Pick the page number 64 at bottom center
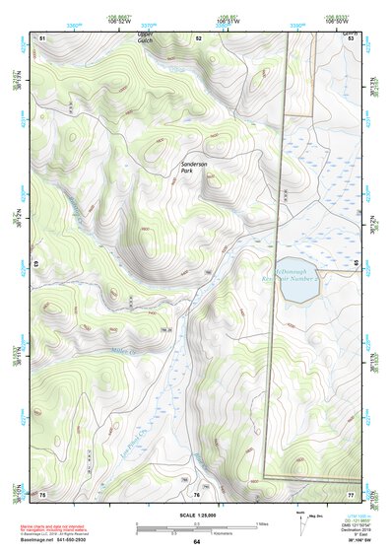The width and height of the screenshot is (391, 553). (196, 542)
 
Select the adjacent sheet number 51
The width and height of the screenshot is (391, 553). (42, 37)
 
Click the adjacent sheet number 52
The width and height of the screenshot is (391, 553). (198, 37)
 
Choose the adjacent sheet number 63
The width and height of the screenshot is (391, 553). (35, 264)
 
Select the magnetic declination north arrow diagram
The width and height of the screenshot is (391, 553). (302, 522)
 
